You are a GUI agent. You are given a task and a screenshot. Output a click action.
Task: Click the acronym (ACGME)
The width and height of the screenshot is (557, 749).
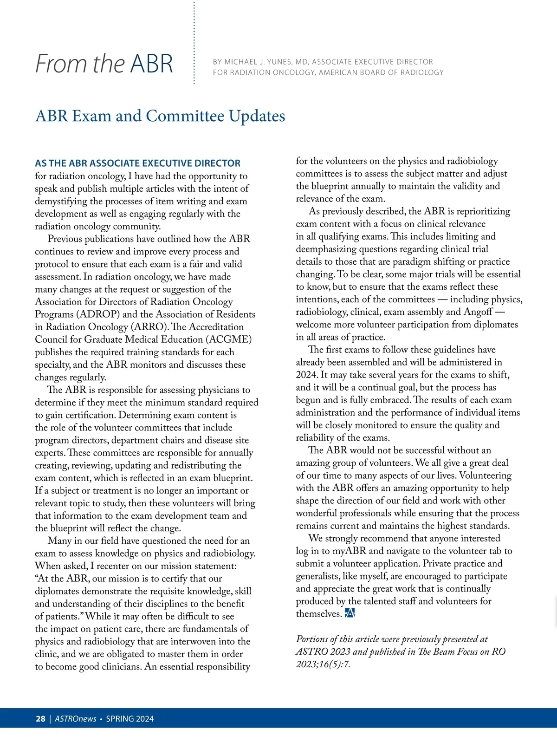tap(228, 339)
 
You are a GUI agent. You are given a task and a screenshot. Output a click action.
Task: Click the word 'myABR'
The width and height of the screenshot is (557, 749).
tap(349, 551)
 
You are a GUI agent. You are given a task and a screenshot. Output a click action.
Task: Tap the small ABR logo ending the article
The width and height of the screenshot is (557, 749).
tap(350, 613)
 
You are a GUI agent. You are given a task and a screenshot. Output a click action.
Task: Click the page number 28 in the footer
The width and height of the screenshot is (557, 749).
tap(40, 719)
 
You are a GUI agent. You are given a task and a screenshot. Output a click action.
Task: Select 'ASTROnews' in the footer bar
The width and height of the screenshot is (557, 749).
tap(75, 719)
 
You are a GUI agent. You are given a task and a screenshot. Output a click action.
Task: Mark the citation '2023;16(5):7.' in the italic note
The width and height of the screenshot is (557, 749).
tap(323, 664)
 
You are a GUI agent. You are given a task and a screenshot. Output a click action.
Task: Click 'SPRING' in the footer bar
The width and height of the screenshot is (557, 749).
tap(120, 719)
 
